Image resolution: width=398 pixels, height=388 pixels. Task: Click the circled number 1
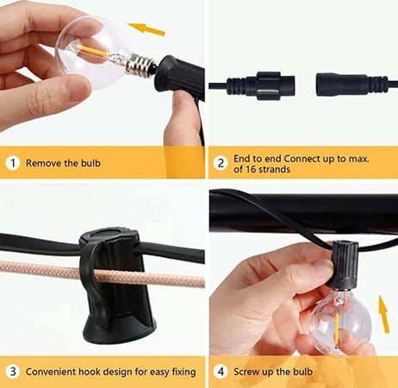click(x=13, y=163)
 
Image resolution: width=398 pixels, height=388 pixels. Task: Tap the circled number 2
click(x=221, y=163)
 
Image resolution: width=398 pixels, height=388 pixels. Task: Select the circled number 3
click(x=13, y=372)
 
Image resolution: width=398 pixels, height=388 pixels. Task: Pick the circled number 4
click(x=221, y=372)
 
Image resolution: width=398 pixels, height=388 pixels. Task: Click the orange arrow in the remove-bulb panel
click(x=146, y=29)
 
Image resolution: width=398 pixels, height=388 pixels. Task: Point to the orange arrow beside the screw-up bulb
click(x=384, y=314)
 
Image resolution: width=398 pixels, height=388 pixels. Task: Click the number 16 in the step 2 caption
click(x=251, y=169)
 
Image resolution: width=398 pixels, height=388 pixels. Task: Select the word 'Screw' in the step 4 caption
click(x=245, y=372)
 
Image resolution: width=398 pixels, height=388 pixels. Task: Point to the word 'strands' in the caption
click(x=275, y=169)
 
